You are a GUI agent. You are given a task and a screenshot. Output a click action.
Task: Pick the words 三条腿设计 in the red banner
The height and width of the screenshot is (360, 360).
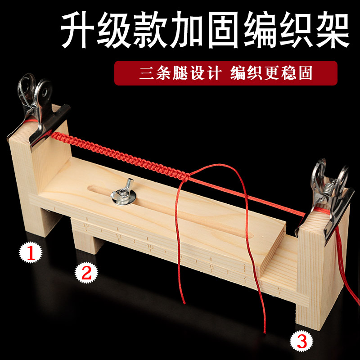(180, 73)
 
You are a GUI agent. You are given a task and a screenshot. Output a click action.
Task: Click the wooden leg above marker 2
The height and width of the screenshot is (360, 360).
(85, 241)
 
